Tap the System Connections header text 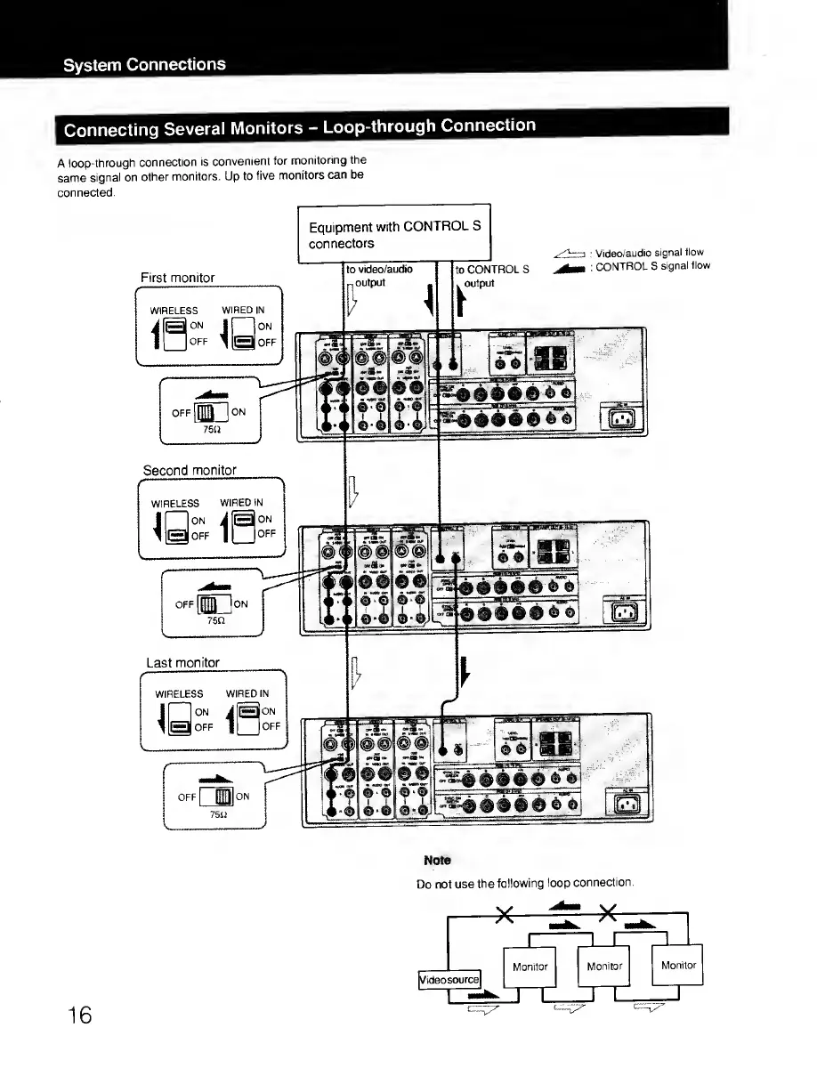143,64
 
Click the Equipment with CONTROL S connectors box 393,234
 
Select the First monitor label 177,278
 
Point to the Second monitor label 190,470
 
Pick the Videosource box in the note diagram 449,980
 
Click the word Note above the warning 437,861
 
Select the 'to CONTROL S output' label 491,275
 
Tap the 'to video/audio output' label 379,275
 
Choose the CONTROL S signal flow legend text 652,265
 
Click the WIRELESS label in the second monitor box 174,503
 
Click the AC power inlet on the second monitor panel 620,611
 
